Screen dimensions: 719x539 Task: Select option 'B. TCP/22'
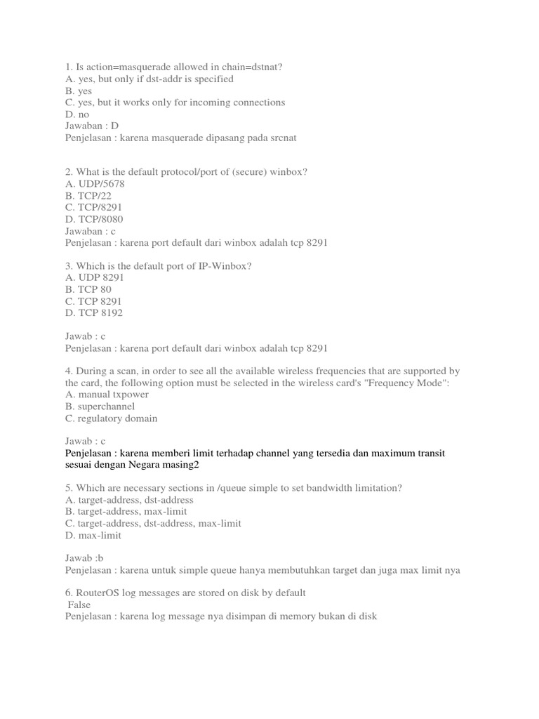coord(88,196)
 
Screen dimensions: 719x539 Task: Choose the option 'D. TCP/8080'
coord(93,219)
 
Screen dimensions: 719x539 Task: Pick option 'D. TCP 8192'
coord(93,313)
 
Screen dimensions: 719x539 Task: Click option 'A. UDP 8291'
coord(95,278)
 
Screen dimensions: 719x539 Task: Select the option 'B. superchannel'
coord(100,407)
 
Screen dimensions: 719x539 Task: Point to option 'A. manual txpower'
coord(107,395)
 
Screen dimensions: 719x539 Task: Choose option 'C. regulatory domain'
coord(111,418)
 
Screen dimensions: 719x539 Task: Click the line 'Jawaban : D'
coord(92,126)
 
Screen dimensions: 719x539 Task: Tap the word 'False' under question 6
coord(79,605)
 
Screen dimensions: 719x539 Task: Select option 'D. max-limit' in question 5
coord(93,535)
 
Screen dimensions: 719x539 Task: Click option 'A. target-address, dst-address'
coord(129,500)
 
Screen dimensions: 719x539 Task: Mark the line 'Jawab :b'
coord(85,559)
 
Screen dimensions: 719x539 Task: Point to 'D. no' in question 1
coord(77,114)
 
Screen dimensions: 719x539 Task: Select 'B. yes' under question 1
coord(79,91)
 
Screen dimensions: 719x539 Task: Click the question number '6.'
coord(69,593)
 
